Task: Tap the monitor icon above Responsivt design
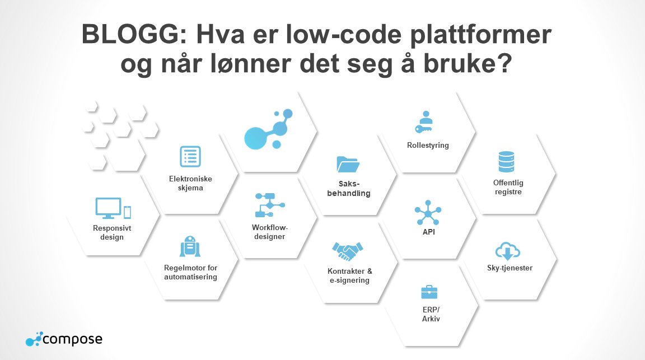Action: (109, 208)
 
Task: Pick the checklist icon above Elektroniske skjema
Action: (190, 157)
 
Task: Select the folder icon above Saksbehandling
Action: (348, 164)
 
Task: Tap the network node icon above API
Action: (428, 212)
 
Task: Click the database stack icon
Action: (508, 162)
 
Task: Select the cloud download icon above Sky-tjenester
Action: (508, 250)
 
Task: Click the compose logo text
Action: (72, 339)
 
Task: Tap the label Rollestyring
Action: (428, 146)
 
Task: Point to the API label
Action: (428, 231)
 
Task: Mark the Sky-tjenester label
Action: (510, 268)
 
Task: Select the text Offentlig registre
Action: (508, 187)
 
